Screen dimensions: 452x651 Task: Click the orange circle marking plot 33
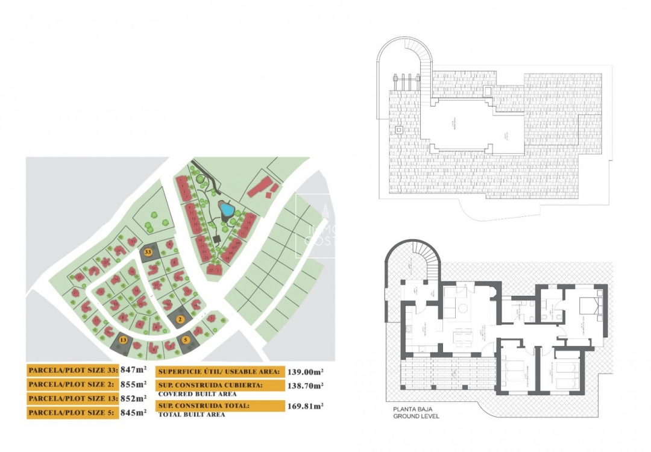click(148, 251)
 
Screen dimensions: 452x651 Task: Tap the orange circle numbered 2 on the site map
click(180, 319)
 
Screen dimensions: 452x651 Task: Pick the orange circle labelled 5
click(186, 340)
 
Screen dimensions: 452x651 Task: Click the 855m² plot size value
click(133, 384)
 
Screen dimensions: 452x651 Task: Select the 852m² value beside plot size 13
click(133, 398)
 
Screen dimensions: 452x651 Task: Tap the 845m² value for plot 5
click(133, 413)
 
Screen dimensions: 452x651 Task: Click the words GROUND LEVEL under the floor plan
click(416, 416)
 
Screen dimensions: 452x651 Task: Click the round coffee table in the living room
click(462, 309)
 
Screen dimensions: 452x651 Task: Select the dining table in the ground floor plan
click(463, 333)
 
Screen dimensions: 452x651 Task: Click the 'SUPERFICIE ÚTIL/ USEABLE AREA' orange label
click(218, 372)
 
